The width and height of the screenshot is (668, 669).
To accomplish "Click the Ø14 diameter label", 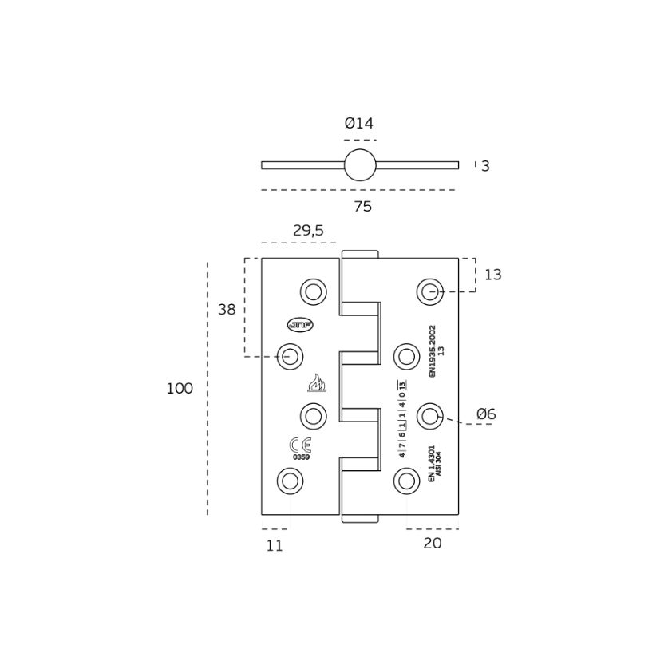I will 358,124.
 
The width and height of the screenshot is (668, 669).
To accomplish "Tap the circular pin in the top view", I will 360,165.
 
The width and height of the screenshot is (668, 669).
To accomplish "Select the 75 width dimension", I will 362,207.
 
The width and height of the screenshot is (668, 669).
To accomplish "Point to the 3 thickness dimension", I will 485,167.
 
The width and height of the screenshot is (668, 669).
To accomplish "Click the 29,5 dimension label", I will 308,231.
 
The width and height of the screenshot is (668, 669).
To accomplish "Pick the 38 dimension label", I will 227,310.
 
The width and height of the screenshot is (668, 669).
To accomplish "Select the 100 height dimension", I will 180,389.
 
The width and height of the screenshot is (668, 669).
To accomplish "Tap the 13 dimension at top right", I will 493,275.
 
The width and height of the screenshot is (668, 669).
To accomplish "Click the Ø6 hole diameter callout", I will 486,414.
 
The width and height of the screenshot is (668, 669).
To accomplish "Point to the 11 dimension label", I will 275,546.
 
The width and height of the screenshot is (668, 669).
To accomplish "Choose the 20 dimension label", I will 433,544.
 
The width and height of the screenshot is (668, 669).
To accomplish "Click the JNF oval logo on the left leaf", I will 300,324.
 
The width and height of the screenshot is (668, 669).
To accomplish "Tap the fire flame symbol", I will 317,383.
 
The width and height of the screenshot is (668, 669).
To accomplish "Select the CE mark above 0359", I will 301,445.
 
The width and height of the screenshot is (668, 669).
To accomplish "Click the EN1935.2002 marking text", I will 433,350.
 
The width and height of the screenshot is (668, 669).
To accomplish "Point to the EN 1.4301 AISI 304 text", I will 435,463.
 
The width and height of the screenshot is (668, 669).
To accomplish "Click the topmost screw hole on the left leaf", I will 314,292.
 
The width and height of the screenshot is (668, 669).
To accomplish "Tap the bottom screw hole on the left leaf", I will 290,481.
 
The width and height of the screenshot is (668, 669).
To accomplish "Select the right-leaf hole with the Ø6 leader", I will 430,416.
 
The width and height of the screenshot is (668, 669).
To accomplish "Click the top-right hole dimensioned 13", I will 430,292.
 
